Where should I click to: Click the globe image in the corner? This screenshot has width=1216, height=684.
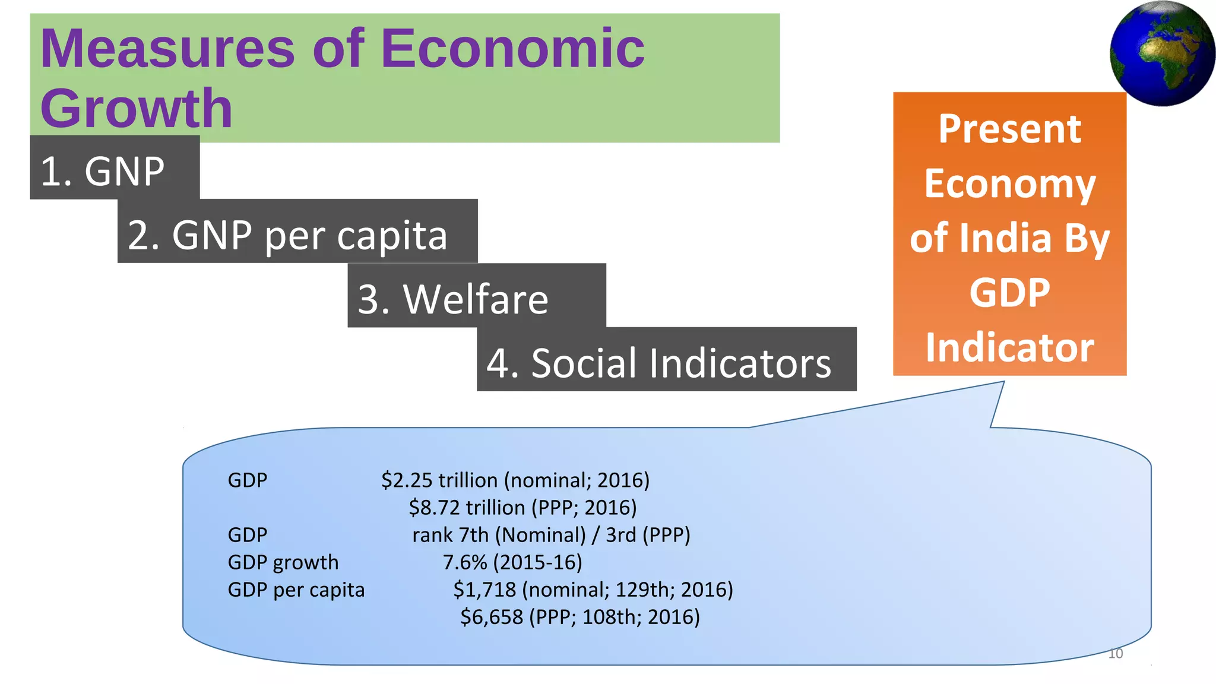pyautogui.click(x=1162, y=53)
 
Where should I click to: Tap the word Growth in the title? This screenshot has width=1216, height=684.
pyautogui.click(x=136, y=108)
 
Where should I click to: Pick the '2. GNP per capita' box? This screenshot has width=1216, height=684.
pyautogui.click(x=297, y=235)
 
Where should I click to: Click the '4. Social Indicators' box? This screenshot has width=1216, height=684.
pyautogui.click(x=666, y=362)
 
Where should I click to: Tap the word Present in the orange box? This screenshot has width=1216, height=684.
pyautogui.click(x=1009, y=129)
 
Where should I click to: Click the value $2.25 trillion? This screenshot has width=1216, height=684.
pyautogui.click(x=439, y=480)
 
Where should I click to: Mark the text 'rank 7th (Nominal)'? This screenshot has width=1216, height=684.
pyautogui.click(x=499, y=535)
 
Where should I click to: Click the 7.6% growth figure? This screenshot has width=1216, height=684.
pyautogui.click(x=465, y=562)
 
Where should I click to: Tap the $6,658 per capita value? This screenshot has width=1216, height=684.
pyautogui.click(x=492, y=617)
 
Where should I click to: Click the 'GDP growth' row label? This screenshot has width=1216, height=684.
pyautogui.click(x=283, y=562)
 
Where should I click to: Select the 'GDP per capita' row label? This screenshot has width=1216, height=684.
pyautogui.click(x=296, y=590)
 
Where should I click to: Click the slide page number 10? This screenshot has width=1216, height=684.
pyautogui.click(x=1116, y=654)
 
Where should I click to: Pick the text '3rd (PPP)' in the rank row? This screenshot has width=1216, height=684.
pyautogui.click(x=648, y=535)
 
